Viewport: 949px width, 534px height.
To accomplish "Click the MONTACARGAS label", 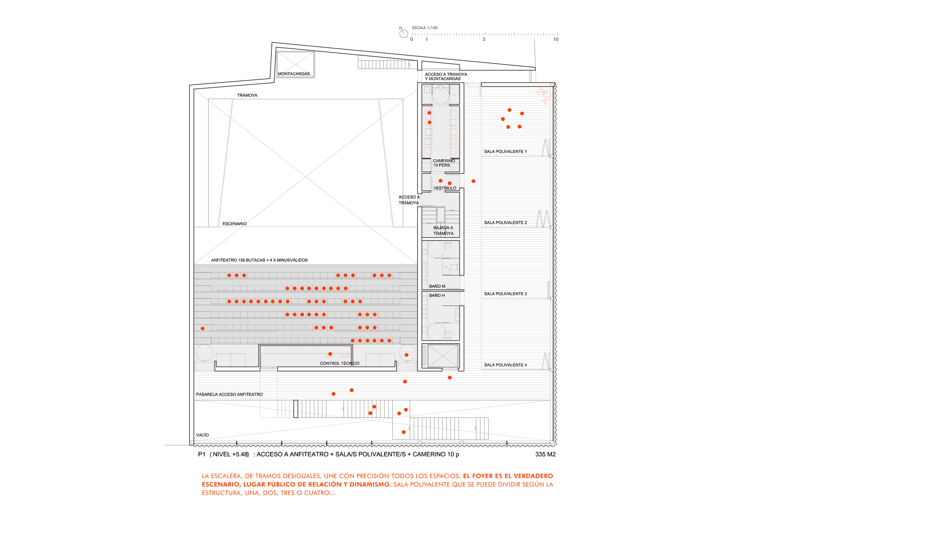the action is pyautogui.click(x=294, y=74).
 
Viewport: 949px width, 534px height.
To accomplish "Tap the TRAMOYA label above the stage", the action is pyautogui.click(x=247, y=95).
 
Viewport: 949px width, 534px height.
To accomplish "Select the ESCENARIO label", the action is pyautogui.click(x=235, y=224).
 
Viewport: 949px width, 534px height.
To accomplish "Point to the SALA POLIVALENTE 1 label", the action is pyautogui.click(x=505, y=152).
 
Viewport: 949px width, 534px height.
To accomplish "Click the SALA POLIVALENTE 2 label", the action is pyautogui.click(x=505, y=223).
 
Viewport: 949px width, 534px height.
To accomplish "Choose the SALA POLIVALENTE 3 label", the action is pyautogui.click(x=505, y=294).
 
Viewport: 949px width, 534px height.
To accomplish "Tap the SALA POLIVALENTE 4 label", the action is pyautogui.click(x=505, y=365).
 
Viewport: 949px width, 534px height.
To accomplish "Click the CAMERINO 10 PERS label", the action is pyautogui.click(x=444, y=163).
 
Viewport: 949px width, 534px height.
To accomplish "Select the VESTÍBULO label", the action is pyautogui.click(x=445, y=188).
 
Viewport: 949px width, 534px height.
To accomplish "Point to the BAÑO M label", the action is pyautogui.click(x=437, y=286).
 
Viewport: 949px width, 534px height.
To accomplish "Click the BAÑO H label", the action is pyautogui.click(x=437, y=296).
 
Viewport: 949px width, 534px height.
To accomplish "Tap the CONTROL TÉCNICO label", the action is pyautogui.click(x=339, y=363).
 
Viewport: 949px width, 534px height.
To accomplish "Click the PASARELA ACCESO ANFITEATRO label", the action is pyautogui.click(x=230, y=395).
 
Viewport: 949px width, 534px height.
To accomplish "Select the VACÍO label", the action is pyautogui.click(x=202, y=435).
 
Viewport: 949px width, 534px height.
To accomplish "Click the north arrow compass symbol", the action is pyautogui.click(x=404, y=34).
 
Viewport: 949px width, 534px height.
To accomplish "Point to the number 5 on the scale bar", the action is pyautogui.click(x=484, y=39).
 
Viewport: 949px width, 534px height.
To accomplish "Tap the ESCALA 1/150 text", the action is pyautogui.click(x=425, y=28).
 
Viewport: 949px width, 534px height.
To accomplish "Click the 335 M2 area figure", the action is pyautogui.click(x=546, y=455).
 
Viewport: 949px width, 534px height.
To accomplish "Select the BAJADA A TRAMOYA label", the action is pyautogui.click(x=444, y=231).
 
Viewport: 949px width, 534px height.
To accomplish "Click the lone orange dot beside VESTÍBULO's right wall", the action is pyautogui.click(x=473, y=181).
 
